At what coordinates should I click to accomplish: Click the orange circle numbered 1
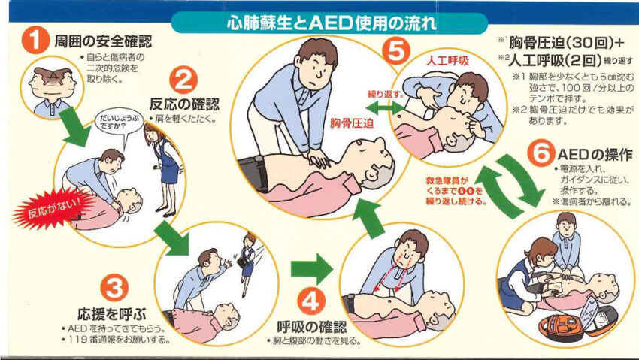[x=35, y=41]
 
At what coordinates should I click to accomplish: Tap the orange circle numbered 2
[x=183, y=80]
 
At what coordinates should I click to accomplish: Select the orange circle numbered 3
[x=114, y=289]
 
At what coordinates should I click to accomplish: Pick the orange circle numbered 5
[x=396, y=51]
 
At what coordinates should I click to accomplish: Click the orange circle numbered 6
[x=541, y=153]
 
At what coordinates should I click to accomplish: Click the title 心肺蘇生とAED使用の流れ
[x=331, y=23]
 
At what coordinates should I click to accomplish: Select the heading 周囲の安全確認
[x=103, y=41]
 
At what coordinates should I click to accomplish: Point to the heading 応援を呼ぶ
[x=112, y=314]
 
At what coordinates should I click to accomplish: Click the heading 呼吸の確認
[x=312, y=326]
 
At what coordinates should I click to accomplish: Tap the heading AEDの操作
[x=595, y=155]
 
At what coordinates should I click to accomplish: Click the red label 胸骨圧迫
[x=352, y=123]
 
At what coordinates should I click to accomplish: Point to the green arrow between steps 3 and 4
[x=312, y=268]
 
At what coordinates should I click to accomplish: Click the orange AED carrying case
[x=560, y=328]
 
